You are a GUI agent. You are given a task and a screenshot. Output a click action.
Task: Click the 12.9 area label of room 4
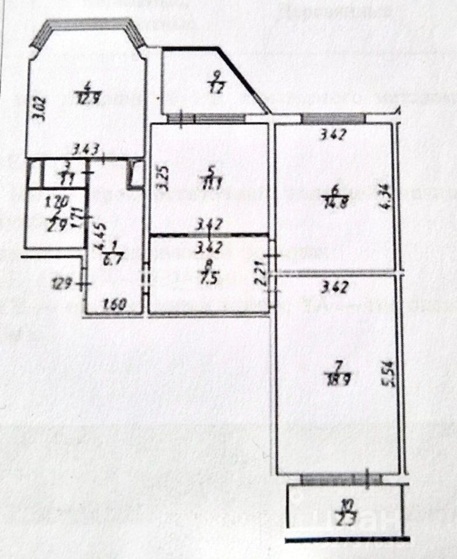click(x=87, y=98)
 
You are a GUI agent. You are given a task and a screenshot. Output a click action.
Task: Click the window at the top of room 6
click(x=333, y=118)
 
